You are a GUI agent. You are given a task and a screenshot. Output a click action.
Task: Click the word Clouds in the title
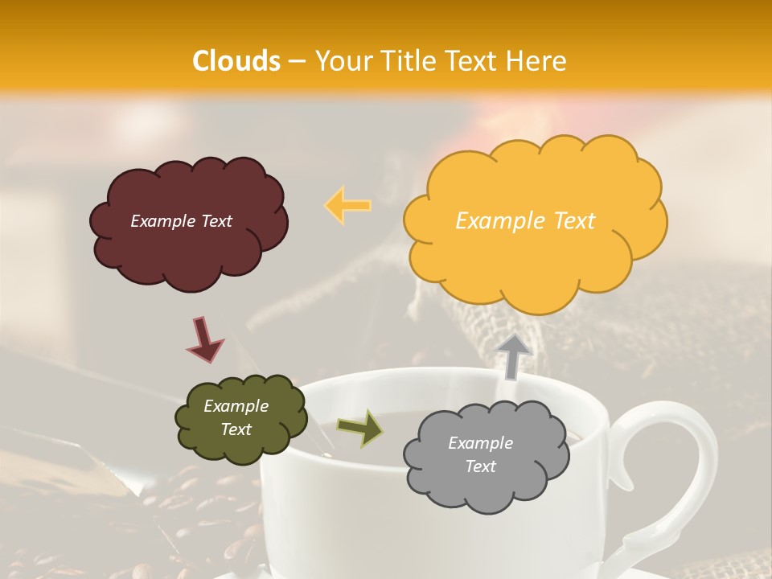236,61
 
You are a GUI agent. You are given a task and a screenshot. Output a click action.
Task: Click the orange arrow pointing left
347,205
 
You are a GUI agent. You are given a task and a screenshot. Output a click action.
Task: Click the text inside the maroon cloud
181,221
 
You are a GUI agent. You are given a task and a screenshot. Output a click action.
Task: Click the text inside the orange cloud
525,221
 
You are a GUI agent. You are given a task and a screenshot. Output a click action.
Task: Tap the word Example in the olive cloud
236,406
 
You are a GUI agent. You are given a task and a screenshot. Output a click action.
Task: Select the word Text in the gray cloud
480,466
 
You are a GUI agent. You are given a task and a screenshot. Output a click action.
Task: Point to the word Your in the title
341,61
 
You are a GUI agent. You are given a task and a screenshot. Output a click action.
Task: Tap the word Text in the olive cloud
236,429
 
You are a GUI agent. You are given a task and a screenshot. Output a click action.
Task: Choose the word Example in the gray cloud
480,443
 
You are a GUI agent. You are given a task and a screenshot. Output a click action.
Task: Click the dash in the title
296,61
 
